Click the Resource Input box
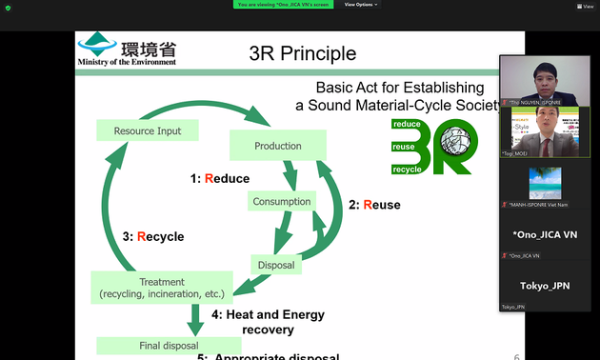(148, 130)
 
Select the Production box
(278, 146)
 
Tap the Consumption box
(281, 201)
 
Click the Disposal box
(276, 264)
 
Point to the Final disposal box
(147, 345)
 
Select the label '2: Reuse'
(374, 205)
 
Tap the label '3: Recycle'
(153, 236)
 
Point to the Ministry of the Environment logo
(127, 50)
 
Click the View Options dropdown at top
(361, 5)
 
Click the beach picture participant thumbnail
(545, 182)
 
